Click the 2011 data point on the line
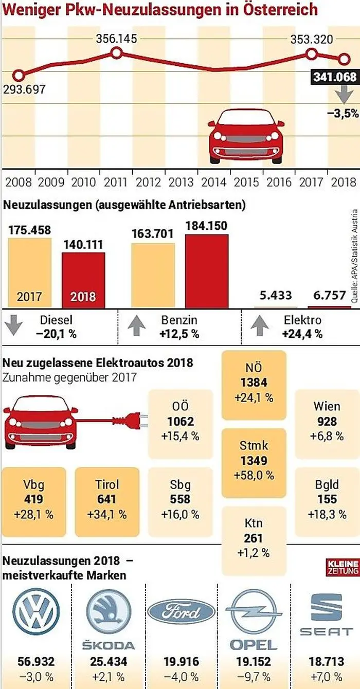pyautogui.click(x=117, y=52)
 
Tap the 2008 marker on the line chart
pyautogui.click(x=18, y=76)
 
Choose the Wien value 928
pyautogui.click(x=327, y=422)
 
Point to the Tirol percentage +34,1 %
pyautogui.click(x=107, y=514)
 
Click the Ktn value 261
pyautogui.click(x=254, y=538)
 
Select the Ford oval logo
pyautogui.click(x=181, y=612)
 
